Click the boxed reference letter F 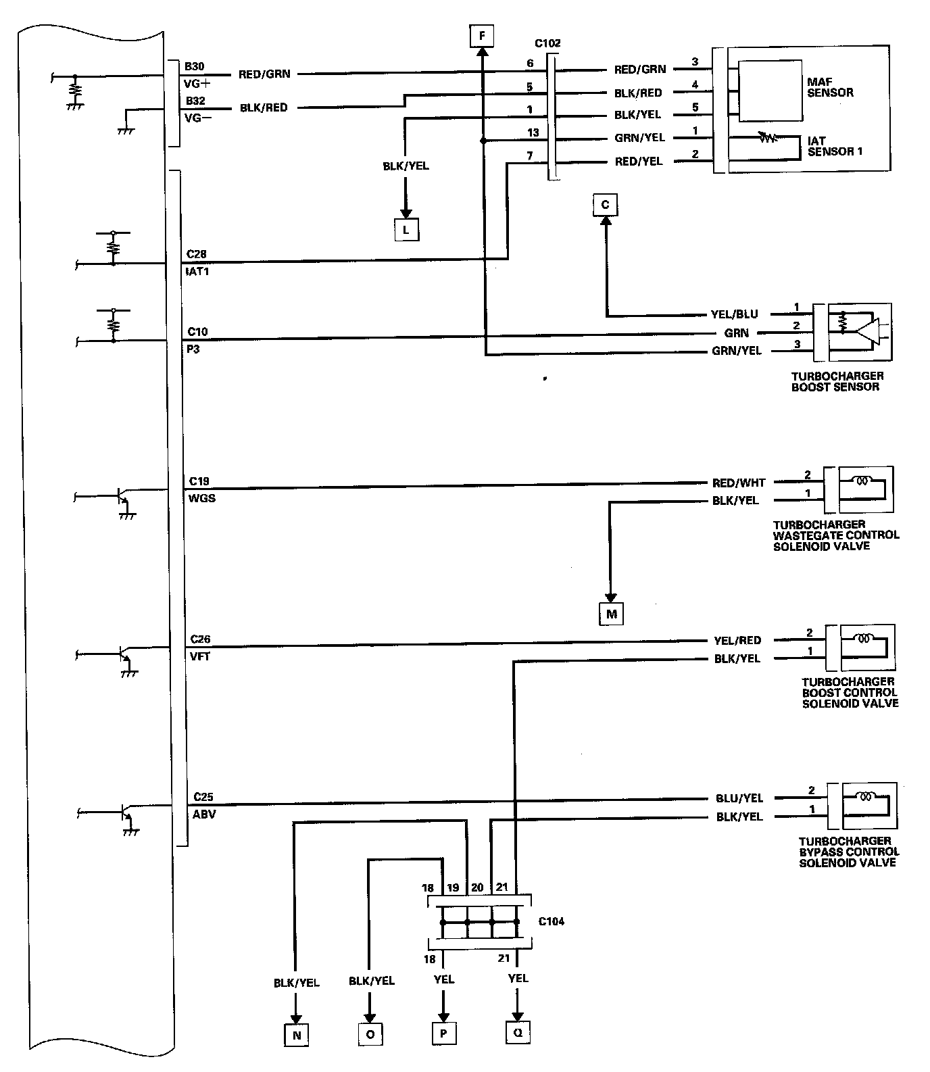pos(483,35)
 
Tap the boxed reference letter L pos(406,230)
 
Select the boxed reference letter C pos(605,205)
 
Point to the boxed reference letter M pos(611,614)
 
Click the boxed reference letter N pos(295,1035)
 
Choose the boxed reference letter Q pos(517,1032)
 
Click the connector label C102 pos(547,44)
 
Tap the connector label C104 pos(552,921)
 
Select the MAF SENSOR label pos(830,87)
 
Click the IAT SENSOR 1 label pos(835,147)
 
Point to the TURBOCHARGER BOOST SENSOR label pos(837,381)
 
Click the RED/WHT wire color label pos(739,483)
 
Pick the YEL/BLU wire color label pos(735,314)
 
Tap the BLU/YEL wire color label pos(739,798)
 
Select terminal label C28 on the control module pos(197,254)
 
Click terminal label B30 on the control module pos(195,67)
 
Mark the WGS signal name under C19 pos(202,498)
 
